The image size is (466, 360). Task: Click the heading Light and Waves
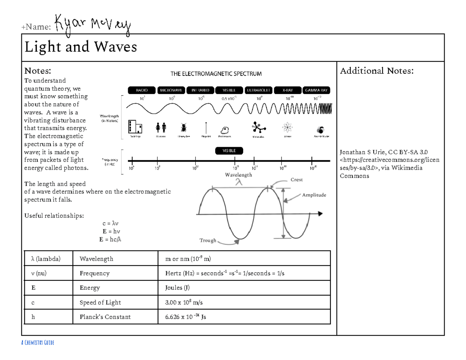click(x=81, y=47)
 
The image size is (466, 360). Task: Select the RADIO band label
click(x=142, y=90)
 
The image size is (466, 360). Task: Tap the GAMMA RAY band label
click(x=316, y=90)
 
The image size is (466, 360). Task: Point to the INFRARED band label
click(x=200, y=90)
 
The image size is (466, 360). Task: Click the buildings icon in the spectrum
click(x=135, y=127)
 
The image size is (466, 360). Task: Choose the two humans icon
click(x=161, y=127)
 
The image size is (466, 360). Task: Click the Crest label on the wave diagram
click(x=296, y=180)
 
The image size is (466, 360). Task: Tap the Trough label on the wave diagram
click(x=208, y=240)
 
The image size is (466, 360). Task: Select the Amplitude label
click(x=314, y=195)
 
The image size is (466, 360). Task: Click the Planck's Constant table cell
click(x=105, y=317)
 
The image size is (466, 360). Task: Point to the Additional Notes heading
click(x=376, y=71)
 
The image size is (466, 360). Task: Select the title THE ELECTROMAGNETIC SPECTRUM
click(x=216, y=73)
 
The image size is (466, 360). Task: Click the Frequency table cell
click(x=94, y=273)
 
